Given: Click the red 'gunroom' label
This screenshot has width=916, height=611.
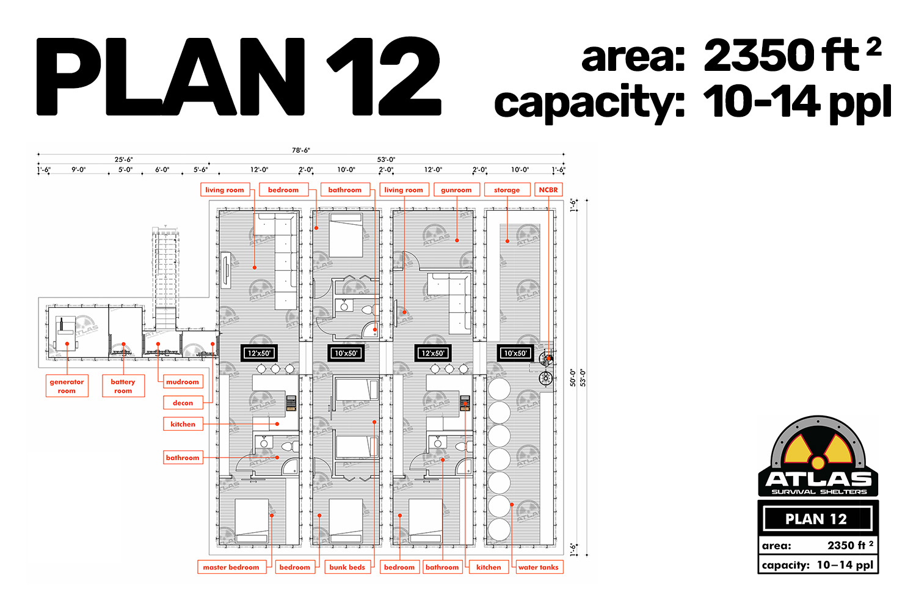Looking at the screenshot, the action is tap(456, 190).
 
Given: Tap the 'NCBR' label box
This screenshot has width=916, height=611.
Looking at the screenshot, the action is tap(548, 190).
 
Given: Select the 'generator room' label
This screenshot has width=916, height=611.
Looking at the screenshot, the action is tap(67, 386).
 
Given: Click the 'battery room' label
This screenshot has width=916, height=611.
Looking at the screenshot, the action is tap(123, 386).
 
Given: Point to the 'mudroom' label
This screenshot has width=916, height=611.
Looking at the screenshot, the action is tap(183, 382).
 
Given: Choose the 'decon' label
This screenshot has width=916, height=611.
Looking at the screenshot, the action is tap(183, 403).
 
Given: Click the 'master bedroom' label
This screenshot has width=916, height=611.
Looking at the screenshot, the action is tap(231, 567).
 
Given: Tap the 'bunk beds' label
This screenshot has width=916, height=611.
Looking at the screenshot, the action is tap(347, 567).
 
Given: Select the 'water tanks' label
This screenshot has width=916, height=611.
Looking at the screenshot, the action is tap(538, 567).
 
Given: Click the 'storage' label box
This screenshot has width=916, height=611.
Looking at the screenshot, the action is tap(507, 190).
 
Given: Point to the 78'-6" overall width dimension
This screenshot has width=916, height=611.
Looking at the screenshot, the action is tap(301, 150).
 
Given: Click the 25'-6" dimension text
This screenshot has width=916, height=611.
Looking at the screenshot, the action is tap(123, 159).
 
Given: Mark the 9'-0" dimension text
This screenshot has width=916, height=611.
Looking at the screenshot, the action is tap(79, 169).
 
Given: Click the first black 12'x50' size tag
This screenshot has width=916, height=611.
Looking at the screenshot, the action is tap(260, 353).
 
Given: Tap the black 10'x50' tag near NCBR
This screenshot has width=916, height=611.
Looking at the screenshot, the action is tap(515, 353).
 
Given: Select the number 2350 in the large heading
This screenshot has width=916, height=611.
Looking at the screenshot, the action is tap(758, 56).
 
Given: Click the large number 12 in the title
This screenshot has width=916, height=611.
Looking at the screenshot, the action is tap(383, 76).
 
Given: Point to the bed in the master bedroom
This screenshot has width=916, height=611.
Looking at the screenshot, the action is tap(252, 521).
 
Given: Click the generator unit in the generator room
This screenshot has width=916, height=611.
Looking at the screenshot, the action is tap(66, 334).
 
